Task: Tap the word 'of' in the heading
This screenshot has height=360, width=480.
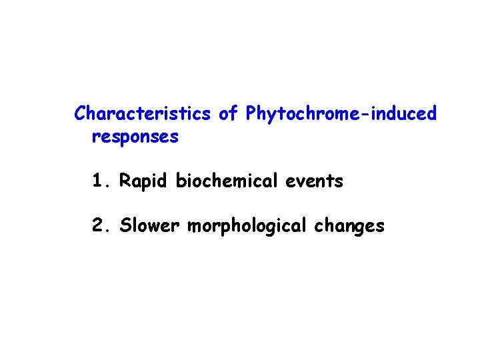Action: [228, 114]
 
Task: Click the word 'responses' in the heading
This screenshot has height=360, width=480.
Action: [135, 138]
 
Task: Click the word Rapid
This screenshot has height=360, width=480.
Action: [145, 181]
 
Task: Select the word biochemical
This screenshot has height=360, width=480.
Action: [223, 181]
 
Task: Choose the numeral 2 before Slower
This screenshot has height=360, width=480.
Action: [99, 226]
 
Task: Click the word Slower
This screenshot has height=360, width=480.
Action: [150, 226]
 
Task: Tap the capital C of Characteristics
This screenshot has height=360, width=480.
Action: [80, 114]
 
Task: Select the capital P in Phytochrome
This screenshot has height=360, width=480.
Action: [251, 114]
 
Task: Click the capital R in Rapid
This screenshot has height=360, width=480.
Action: [125, 181]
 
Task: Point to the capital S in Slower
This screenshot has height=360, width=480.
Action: [125, 226]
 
